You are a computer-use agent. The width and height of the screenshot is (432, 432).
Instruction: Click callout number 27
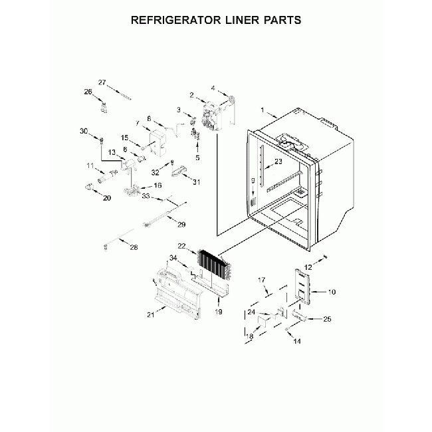(102, 82)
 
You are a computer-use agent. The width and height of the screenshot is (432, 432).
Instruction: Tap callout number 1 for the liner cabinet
(263, 110)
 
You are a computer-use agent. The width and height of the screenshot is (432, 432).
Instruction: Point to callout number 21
(150, 314)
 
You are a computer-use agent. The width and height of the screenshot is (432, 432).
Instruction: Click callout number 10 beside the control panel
(332, 292)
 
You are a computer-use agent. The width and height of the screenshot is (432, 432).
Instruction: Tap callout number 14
(297, 341)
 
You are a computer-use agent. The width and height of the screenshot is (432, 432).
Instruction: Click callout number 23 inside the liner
(278, 161)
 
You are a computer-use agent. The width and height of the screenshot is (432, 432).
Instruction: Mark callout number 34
(173, 258)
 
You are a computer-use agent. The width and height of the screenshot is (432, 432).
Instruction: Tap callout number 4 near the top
(213, 87)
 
